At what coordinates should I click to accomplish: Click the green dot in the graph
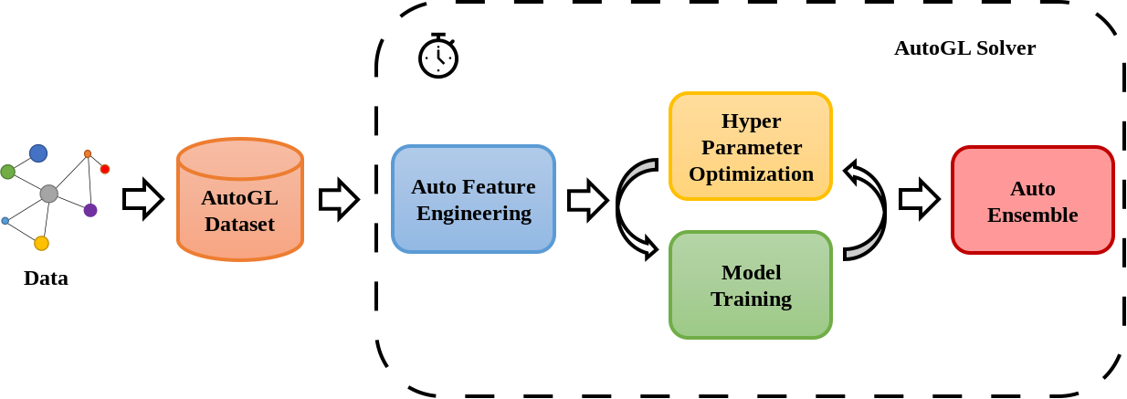tap(7, 172)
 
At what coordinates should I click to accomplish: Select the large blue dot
tap(38, 153)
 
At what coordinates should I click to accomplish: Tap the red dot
tap(105, 169)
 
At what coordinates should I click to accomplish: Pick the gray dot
tap(48, 194)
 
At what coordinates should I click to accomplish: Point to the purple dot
tap(90, 210)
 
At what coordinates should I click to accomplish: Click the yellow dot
tap(41, 243)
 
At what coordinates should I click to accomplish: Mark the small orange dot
tap(88, 153)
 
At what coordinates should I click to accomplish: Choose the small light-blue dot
tap(5, 221)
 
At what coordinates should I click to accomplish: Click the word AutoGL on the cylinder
tap(239, 197)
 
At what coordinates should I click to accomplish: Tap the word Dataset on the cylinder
tap(239, 224)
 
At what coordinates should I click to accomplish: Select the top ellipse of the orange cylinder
tap(240, 158)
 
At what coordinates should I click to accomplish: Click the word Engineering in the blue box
tap(473, 213)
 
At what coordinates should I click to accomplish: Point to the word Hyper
tap(751, 121)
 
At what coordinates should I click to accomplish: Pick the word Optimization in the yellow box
tap(751, 173)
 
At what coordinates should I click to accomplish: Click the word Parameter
tap(751, 147)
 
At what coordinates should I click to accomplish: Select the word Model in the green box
tap(751, 272)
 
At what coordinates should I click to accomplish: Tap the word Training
tap(751, 299)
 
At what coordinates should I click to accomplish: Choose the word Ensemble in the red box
tap(1032, 215)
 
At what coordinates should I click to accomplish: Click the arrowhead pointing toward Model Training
tap(648, 247)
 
